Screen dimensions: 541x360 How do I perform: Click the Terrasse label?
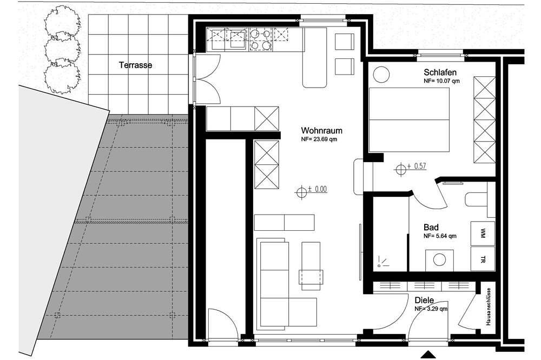tap(135, 65)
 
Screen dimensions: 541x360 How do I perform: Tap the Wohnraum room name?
tap(321, 130)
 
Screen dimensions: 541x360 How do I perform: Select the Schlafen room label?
tap(440, 72)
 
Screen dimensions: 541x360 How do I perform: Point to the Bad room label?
tap(431, 227)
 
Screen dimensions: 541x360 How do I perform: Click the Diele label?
tap(424, 300)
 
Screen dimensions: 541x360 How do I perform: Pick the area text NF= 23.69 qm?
tap(319, 139)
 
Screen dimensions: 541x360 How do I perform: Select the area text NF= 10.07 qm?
tap(441, 82)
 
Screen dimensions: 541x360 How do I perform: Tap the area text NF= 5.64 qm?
tap(440, 236)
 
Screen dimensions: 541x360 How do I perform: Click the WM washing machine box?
tap(483, 233)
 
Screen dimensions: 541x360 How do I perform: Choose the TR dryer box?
tap(483, 258)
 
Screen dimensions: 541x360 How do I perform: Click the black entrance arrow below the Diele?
tap(428, 355)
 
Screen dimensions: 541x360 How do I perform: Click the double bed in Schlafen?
tap(409, 119)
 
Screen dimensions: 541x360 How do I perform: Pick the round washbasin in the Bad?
tap(439, 260)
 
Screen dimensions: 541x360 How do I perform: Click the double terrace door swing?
tap(207, 79)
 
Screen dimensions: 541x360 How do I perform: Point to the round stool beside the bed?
tap(381, 74)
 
